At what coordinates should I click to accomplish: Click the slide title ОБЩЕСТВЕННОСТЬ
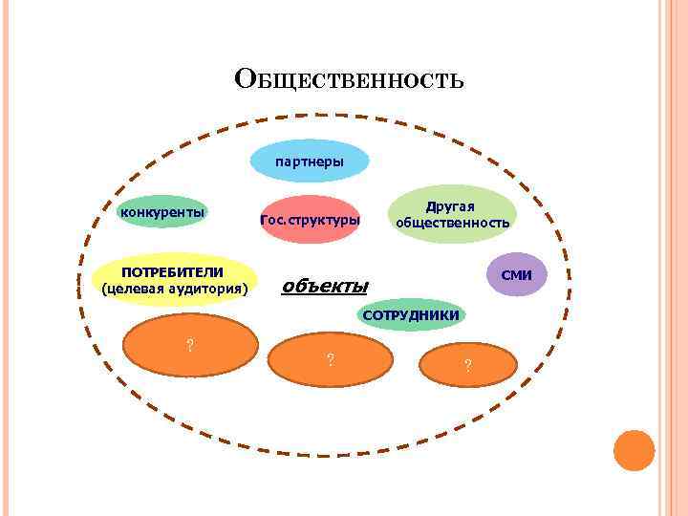[349, 78]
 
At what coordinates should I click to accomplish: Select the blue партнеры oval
[310, 161]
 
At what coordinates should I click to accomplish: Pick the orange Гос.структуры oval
[311, 221]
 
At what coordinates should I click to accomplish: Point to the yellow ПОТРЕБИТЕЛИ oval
[174, 280]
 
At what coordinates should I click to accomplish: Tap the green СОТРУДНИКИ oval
[411, 314]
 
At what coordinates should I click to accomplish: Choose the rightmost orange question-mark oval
[466, 365]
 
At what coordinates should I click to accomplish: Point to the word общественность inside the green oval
[453, 223]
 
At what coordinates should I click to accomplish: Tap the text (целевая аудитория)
[174, 288]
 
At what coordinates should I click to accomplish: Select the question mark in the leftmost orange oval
[190, 345]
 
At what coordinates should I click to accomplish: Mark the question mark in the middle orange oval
[330, 360]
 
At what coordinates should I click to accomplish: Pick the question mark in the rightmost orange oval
[466, 365]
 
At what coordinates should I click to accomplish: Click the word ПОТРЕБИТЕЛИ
[172, 271]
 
